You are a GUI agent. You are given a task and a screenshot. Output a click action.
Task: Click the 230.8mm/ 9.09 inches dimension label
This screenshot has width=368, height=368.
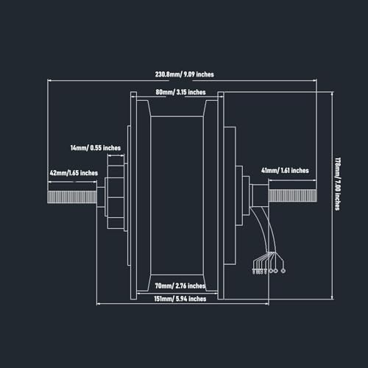pos(184,74)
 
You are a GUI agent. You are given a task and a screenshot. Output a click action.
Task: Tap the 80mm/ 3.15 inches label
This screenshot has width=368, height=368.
pos(180,92)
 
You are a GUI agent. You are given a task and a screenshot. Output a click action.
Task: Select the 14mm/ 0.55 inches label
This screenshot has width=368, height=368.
pos(96,148)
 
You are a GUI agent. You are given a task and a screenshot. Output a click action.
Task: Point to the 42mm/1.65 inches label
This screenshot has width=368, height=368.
pos(74,173)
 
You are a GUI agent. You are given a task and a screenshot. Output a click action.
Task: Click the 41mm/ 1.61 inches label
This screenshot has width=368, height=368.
pos(285,171)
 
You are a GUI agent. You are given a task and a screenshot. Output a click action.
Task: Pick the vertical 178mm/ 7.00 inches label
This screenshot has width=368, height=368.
pos(338,184)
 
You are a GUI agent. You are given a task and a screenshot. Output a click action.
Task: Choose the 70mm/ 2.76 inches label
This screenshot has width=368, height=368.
pos(180,286)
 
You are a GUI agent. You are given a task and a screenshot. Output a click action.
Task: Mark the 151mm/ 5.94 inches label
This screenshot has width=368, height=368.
pos(180,299)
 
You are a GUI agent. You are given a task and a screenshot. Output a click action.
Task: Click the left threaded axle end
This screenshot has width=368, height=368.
pos(72,197)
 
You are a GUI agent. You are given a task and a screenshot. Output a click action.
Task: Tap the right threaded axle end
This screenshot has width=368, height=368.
pos(292,196)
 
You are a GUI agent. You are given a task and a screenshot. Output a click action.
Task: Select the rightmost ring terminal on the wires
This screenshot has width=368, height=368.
pos(283,271)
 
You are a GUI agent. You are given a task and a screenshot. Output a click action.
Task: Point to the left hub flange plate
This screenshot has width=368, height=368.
pos(133,196)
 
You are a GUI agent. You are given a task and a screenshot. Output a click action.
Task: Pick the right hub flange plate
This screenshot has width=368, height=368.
pos(221,196)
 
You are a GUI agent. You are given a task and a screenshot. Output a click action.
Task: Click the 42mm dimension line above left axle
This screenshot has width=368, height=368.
pos(72,182)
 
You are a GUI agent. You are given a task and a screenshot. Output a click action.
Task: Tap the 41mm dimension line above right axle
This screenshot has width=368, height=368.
pos(292,180)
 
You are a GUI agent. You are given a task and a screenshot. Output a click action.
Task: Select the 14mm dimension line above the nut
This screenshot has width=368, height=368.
pos(116,155)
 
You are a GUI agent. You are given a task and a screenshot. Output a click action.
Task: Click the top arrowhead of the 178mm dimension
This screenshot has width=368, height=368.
pos(332,93)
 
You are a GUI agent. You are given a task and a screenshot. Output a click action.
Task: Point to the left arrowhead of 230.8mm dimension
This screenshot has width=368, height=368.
pos(49,80)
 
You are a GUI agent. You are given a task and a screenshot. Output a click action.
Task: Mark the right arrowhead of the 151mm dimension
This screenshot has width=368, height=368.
pos(267,304)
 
